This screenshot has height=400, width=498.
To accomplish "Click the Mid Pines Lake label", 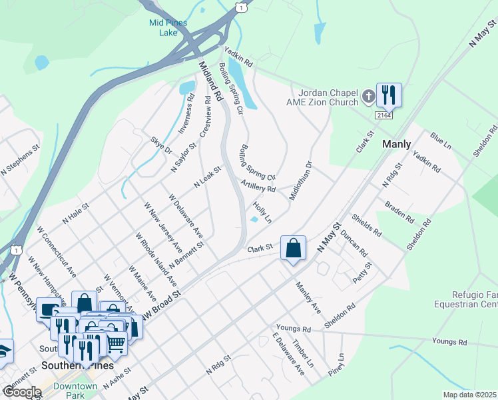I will pos(167,27).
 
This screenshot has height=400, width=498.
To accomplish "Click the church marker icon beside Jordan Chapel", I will pos(368,98).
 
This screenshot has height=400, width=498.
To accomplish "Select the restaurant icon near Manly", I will pos(388,95).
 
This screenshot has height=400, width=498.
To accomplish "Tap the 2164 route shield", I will pos(383,115).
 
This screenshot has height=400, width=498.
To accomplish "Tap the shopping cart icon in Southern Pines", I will pos(116,343).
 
